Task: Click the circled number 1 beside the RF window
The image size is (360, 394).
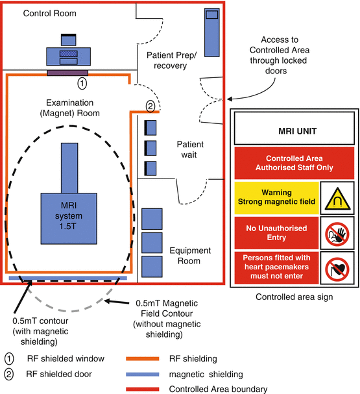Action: (82, 83)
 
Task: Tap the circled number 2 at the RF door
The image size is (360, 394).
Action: (150, 106)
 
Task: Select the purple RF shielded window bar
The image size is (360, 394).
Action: (67, 73)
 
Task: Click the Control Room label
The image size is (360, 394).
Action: (50, 13)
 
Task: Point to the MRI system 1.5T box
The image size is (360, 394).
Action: (69, 218)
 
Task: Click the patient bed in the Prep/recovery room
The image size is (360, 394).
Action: (212, 32)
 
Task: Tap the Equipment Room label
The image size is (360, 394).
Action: (190, 256)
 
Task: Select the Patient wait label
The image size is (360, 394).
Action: (190, 149)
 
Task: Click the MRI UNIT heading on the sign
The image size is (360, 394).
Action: (298, 131)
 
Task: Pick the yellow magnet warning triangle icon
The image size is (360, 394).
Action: (337, 199)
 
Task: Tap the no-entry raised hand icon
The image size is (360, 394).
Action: (337, 234)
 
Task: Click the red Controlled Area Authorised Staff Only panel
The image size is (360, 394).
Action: (294, 163)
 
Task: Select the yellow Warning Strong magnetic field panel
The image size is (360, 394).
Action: (277, 198)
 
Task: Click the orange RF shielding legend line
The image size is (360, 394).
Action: (143, 358)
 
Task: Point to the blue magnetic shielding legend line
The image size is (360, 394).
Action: (143, 374)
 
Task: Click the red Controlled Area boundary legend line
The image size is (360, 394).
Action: (143, 389)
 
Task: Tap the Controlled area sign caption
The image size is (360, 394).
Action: (294, 297)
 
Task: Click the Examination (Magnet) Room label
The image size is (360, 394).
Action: (70, 108)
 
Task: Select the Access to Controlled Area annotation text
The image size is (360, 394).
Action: (279, 55)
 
